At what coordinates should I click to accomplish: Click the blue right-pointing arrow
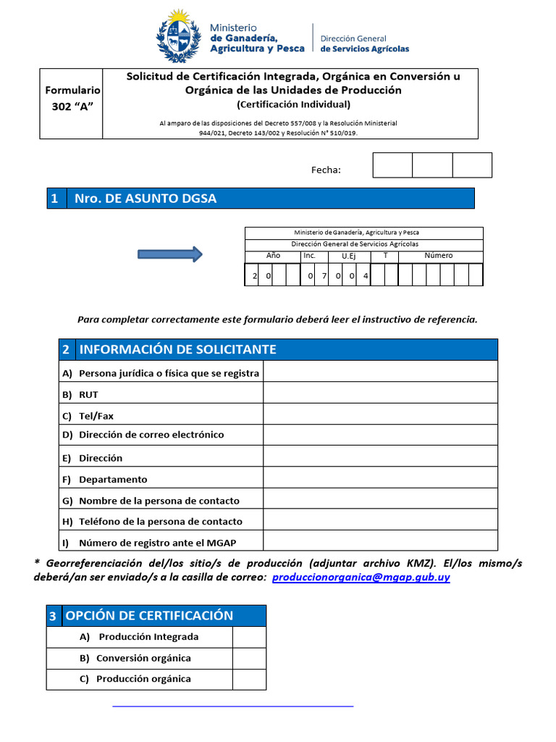click(x=170, y=254)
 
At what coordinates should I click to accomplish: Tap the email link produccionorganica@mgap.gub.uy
click(x=361, y=578)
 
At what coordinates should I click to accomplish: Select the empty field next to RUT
click(x=380, y=393)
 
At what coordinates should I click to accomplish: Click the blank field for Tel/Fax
click(x=380, y=414)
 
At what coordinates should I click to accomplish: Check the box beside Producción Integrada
click(x=249, y=637)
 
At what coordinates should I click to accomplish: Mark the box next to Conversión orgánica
click(x=249, y=658)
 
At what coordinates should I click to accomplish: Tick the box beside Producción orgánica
click(x=249, y=679)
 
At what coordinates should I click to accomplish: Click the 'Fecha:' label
click(x=326, y=170)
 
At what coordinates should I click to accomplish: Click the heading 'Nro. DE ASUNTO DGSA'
click(x=146, y=199)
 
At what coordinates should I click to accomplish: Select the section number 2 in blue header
click(x=66, y=349)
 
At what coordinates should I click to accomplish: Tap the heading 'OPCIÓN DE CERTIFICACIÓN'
click(x=149, y=616)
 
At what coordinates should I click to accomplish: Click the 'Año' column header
click(x=273, y=256)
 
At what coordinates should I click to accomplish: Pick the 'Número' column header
click(x=439, y=256)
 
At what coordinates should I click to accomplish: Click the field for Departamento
click(x=380, y=478)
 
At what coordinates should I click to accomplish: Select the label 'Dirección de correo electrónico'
click(x=151, y=435)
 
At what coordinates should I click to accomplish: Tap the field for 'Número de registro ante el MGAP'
click(x=380, y=541)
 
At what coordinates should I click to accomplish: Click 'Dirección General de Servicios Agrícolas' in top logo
click(x=364, y=43)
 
